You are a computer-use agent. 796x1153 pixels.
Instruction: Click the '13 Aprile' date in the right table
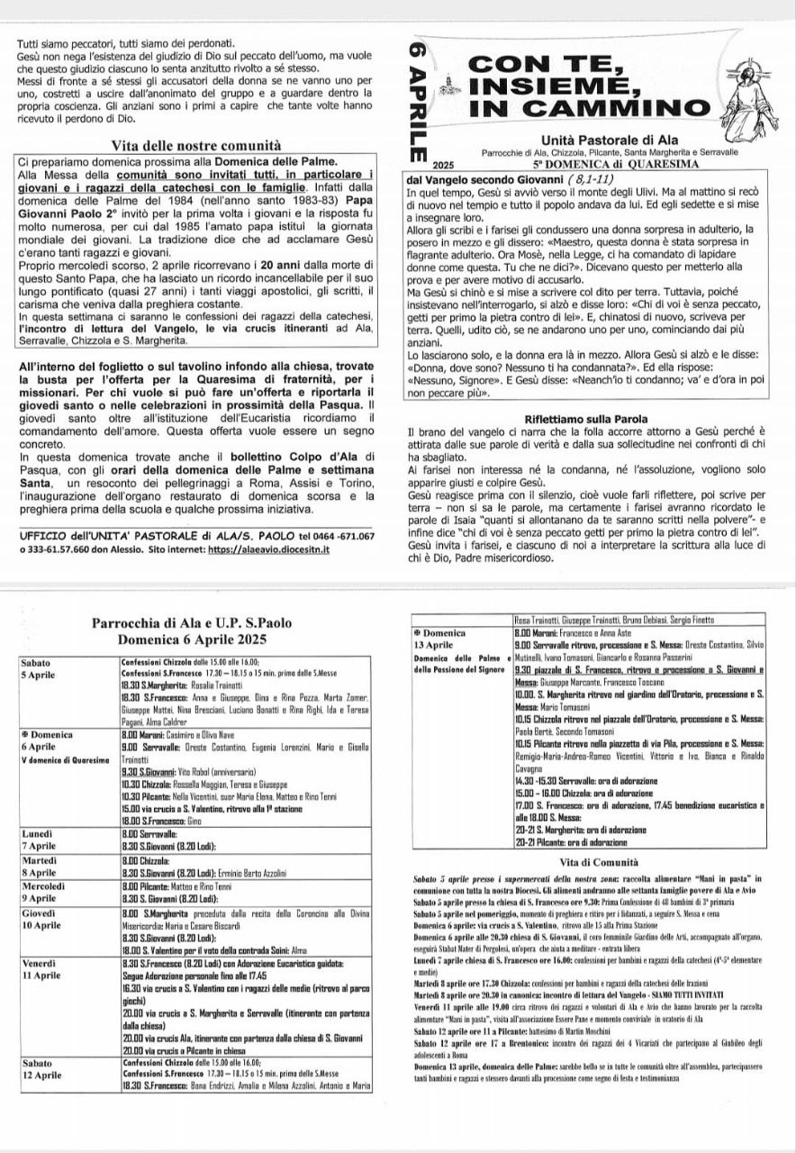point(433,644)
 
